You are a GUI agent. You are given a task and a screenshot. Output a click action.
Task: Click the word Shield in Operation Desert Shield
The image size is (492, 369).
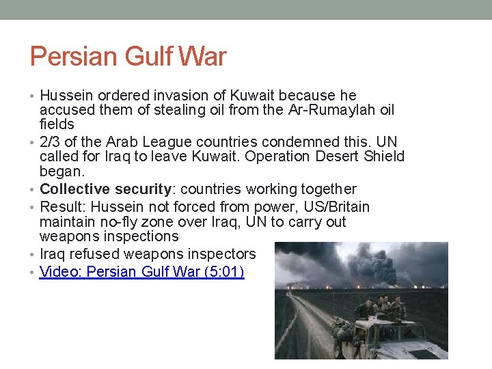coord(385,156)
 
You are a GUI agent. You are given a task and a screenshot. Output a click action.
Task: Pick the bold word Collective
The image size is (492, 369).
coord(74,189)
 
